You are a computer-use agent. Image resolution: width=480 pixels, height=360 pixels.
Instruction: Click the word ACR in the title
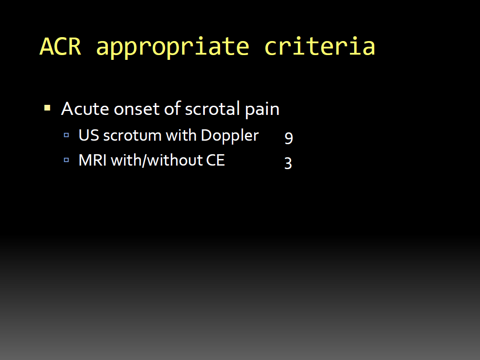pyautogui.click(x=61, y=47)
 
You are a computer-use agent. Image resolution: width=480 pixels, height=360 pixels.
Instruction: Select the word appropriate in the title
pyautogui.click(x=173, y=47)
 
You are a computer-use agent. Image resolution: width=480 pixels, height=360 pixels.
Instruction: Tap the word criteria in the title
pyautogui.click(x=320, y=46)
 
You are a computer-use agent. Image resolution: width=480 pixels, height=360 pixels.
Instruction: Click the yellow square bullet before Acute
pyautogui.click(x=47, y=108)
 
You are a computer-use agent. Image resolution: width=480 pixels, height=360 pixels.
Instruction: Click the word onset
pyautogui.click(x=137, y=109)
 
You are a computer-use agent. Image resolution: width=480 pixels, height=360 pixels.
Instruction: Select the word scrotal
pyautogui.click(x=212, y=108)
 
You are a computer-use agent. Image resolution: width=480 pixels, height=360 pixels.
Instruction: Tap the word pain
pyautogui.click(x=262, y=110)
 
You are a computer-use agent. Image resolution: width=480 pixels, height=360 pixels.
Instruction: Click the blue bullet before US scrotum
pyautogui.click(x=66, y=135)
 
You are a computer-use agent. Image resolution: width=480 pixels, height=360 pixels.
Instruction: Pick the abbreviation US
pyautogui.click(x=89, y=135)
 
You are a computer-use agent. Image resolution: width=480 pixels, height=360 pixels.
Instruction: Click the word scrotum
pyautogui.click(x=132, y=136)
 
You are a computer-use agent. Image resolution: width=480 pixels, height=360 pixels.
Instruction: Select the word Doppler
pyautogui.click(x=230, y=136)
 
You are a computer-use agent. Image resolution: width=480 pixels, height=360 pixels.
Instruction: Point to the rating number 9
pyautogui.click(x=289, y=138)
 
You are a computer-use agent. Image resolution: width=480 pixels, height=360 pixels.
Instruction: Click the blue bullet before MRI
pyautogui.click(x=66, y=160)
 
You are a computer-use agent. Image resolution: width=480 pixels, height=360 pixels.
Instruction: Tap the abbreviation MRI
pyautogui.click(x=93, y=160)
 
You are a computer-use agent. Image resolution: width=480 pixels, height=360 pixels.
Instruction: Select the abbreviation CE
pyautogui.click(x=215, y=160)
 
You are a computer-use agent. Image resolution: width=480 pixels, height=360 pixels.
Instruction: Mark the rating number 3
pyautogui.click(x=288, y=163)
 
